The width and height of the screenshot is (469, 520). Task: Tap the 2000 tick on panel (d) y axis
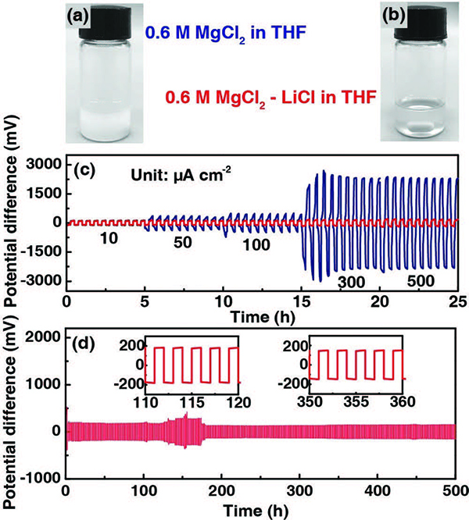(44, 337)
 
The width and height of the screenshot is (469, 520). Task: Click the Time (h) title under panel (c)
(263, 315)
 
